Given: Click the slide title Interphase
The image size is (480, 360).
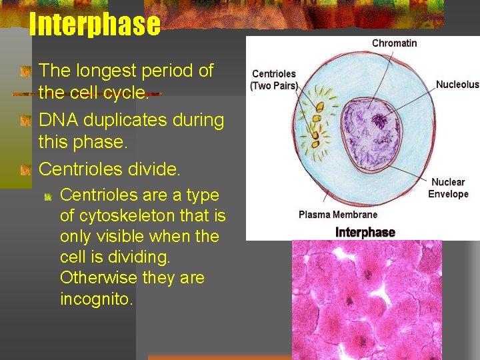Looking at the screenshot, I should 95,25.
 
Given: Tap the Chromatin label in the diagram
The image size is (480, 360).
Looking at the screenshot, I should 394,43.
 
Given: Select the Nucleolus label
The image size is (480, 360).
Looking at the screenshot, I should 457,85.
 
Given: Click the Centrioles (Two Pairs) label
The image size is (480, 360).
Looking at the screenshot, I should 273,80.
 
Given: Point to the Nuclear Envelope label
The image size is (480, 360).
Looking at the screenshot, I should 448,188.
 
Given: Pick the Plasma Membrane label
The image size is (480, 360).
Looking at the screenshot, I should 337,215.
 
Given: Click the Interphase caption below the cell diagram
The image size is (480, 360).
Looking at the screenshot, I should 365,232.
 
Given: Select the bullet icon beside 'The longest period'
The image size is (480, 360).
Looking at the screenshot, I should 25,71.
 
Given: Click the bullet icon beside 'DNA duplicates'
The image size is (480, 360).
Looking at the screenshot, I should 25,121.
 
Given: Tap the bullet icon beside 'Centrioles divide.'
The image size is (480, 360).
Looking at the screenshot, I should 25,170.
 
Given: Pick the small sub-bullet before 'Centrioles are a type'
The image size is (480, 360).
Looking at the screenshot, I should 49,196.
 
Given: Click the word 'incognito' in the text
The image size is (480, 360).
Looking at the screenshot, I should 96,299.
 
